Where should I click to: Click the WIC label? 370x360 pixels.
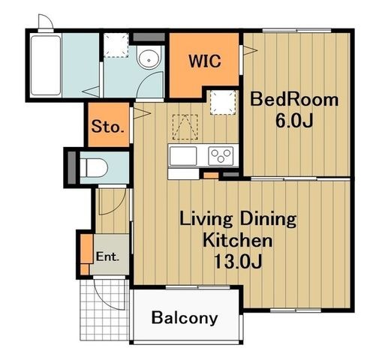(205, 61)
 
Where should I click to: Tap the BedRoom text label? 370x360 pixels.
(294, 100)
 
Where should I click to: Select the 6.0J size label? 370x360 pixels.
(294, 121)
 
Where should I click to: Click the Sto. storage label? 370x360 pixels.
(108, 127)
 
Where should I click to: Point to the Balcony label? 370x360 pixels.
(185, 318)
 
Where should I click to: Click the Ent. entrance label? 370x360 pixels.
(107, 256)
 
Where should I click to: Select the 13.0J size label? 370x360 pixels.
(238, 261)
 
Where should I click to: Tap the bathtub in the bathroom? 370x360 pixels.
(46, 65)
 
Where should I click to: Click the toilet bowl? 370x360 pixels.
(94, 167)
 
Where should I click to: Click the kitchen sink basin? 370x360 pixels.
(183, 156)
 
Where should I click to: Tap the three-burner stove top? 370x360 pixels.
(221, 155)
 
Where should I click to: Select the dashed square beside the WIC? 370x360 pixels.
(223, 103)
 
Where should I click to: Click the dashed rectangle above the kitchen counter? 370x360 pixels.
(185, 127)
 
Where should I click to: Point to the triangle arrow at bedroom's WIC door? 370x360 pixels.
(251, 50)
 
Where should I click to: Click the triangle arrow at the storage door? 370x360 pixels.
(142, 113)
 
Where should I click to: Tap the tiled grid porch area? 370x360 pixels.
(104, 310)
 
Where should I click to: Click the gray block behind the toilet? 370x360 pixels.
(72, 167)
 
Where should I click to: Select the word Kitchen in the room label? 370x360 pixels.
(237, 240)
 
